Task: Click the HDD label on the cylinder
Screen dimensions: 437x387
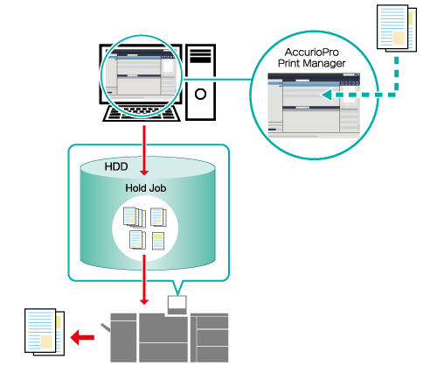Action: pyautogui.click(x=116, y=166)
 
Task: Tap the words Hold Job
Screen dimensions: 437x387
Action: pyautogui.click(x=146, y=188)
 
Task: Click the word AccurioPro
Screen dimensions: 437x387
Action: pyautogui.click(x=312, y=53)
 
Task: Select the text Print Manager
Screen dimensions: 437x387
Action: pyautogui.click(x=312, y=63)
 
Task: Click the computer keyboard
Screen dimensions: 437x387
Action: pyautogui.click(x=142, y=113)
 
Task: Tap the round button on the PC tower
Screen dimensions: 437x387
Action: pyautogui.click(x=200, y=95)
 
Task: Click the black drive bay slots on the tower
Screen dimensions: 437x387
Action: pyautogui.click(x=200, y=56)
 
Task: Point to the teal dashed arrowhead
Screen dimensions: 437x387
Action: pyautogui.click(x=326, y=95)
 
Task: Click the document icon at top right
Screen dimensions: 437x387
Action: pyautogui.click(x=397, y=28)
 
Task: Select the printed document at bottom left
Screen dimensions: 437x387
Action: pyautogui.click(x=45, y=332)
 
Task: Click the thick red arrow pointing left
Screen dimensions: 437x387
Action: pyautogui.click(x=82, y=338)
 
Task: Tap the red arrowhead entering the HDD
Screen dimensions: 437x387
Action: pyautogui.click(x=144, y=172)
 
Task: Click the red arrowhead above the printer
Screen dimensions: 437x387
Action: pyautogui.click(x=144, y=301)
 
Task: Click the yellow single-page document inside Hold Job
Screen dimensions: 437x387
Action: pyautogui.click(x=158, y=241)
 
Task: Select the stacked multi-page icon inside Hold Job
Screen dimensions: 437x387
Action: pyautogui.click(x=135, y=217)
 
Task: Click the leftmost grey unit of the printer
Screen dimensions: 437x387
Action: pyautogui.click(x=123, y=338)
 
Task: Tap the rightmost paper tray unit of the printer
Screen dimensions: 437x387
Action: pyautogui.click(x=210, y=338)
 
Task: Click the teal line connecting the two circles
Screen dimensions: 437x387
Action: pyautogui.click(x=216, y=79)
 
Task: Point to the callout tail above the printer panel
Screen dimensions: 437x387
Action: pyautogui.click(x=177, y=287)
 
